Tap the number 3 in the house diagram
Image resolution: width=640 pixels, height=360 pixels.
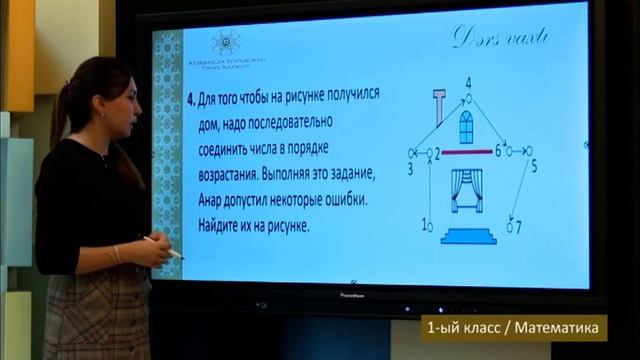[409, 170]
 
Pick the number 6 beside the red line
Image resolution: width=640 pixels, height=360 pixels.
[497, 151]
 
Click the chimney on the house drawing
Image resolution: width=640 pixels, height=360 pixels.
[437, 105]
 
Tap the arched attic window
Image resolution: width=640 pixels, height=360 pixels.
[466, 127]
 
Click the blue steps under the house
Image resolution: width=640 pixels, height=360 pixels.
[466, 234]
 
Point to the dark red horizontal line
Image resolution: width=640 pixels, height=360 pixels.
[467, 152]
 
